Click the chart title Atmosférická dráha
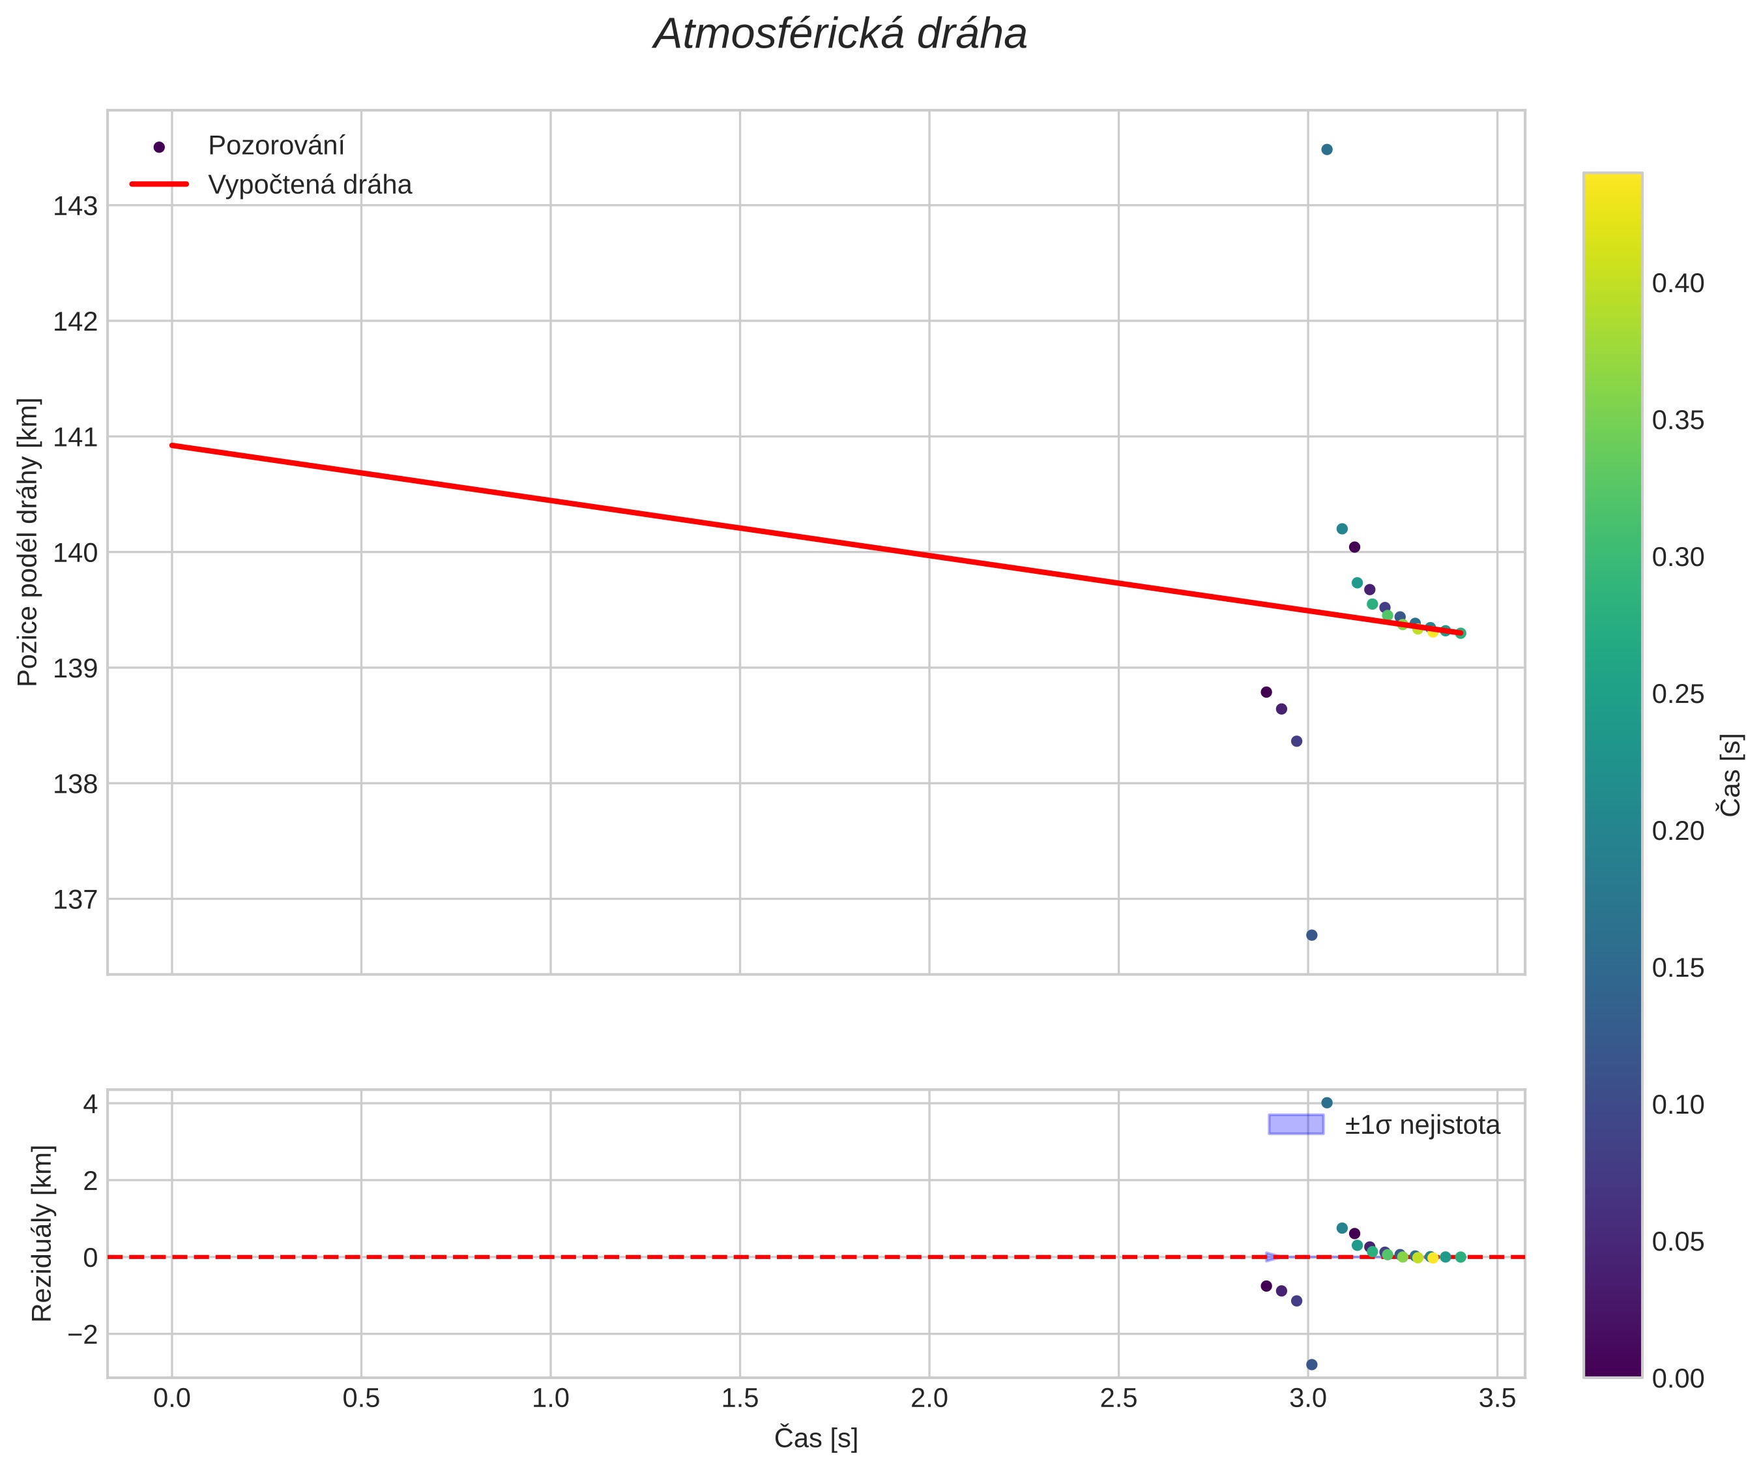[839, 35]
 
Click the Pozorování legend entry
[276, 146]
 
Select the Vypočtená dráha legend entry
[310, 185]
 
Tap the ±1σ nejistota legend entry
[1421, 1125]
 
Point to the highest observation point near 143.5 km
[1327, 149]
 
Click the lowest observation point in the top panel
[1311, 934]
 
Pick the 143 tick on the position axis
[76, 207]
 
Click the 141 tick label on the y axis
[76, 438]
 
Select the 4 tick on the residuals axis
[91, 1104]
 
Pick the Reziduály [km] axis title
[41, 1232]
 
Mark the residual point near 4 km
[1327, 1103]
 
